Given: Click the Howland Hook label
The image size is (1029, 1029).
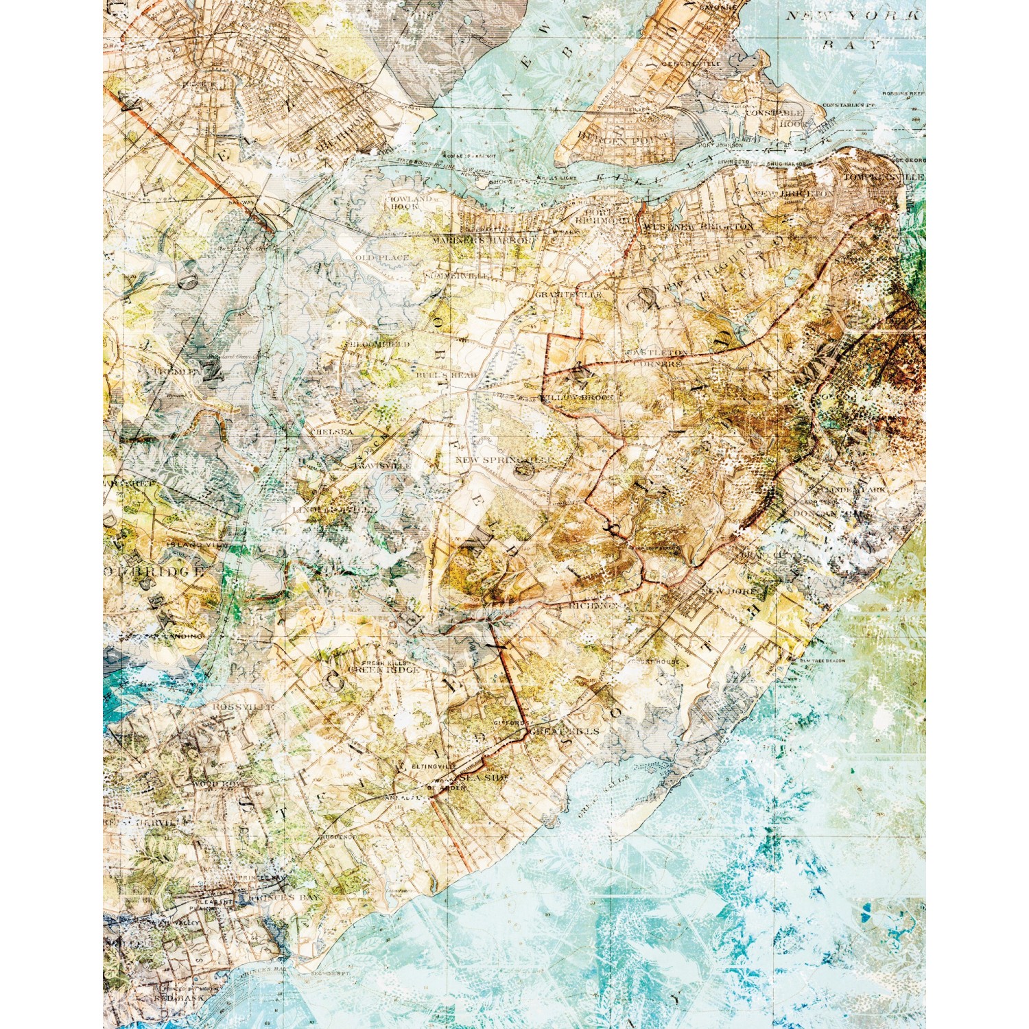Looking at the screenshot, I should (x=412, y=202).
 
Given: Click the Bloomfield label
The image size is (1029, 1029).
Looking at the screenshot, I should (x=379, y=344).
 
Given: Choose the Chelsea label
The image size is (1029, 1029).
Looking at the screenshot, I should (x=332, y=432).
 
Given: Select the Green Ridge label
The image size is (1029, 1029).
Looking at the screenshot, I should (x=383, y=670).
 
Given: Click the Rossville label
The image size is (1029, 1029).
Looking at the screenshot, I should (x=243, y=706).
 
